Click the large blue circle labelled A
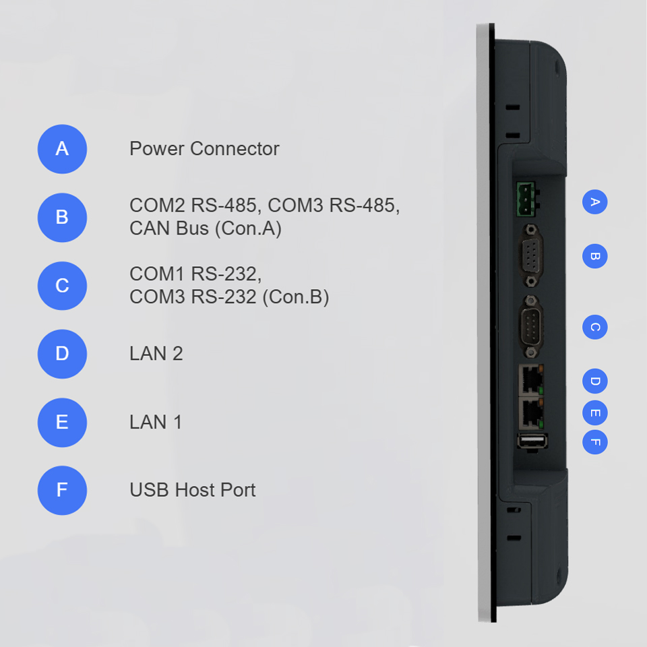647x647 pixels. point(62,149)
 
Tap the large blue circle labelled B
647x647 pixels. point(62,218)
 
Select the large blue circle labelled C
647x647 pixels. point(62,286)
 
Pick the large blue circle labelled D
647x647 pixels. point(62,354)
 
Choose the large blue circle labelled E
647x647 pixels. point(62,423)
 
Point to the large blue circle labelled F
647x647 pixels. point(62,490)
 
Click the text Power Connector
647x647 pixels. point(204,149)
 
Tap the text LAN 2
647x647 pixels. point(156,354)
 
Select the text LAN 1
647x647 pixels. point(156,422)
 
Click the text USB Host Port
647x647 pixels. point(193,490)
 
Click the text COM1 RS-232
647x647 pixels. point(195,274)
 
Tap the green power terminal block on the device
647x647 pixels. point(526,199)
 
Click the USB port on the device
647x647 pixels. point(532,441)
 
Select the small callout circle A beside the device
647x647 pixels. point(594,202)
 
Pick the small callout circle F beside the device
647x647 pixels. point(594,442)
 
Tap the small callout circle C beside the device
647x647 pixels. point(594,328)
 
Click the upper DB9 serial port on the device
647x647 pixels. point(532,255)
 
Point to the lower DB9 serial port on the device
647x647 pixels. point(532,327)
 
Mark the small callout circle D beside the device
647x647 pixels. point(594,381)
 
